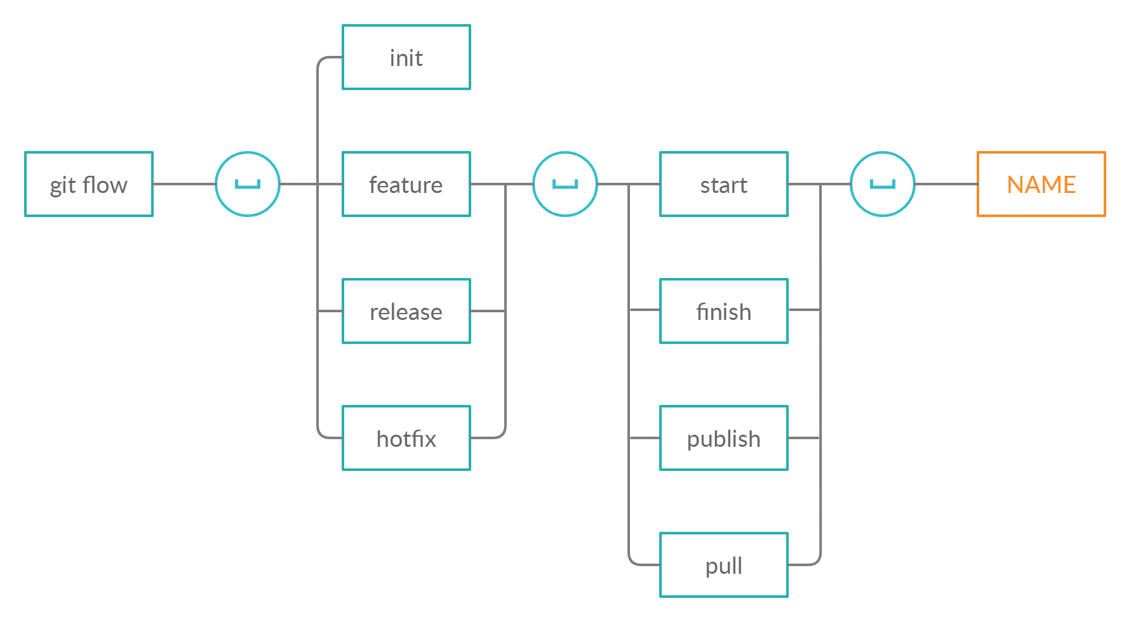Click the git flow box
click(89, 184)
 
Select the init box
click(406, 57)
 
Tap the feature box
click(406, 184)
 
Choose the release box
click(406, 311)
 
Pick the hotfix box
click(406, 438)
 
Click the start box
click(724, 184)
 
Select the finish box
click(724, 311)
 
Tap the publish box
click(724, 438)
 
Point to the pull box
click(724, 565)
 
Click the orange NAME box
click(1041, 184)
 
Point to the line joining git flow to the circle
click(184, 184)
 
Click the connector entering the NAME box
click(946, 184)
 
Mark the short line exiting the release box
click(488, 311)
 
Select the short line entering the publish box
click(644, 438)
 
